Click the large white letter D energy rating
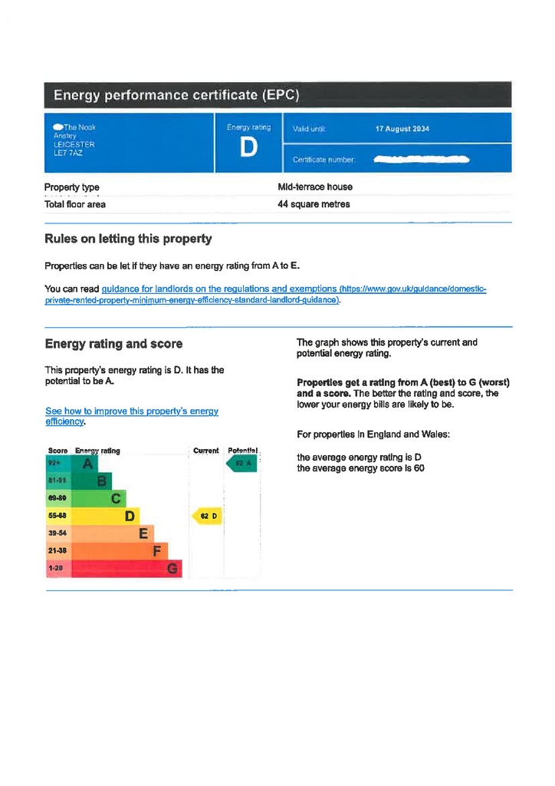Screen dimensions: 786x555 click(x=248, y=148)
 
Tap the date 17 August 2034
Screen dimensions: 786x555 click(x=402, y=129)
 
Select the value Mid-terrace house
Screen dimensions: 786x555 click(x=315, y=187)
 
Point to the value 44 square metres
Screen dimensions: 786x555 click(x=314, y=204)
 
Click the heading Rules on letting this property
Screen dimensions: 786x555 click(x=128, y=239)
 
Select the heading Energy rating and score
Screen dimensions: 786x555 click(x=113, y=343)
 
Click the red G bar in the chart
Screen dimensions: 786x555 click(x=115, y=569)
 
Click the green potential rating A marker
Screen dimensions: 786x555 click(x=241, y=464)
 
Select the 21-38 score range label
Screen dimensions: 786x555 click(x=57, y=551)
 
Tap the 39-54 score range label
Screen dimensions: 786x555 click(x=57, y=533)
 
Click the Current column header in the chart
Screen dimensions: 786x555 click(x=205, y=451)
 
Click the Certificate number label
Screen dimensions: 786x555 click(x=323, y=160)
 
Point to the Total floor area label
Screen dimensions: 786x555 click(x=75, y=204)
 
